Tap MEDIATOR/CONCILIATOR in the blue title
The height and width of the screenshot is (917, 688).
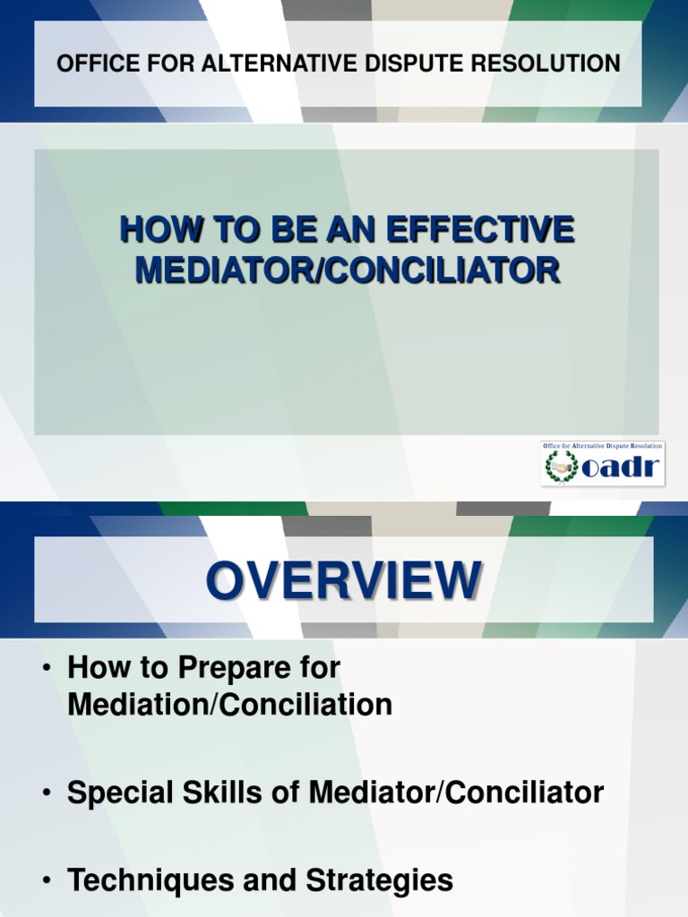click(x=348, y=269)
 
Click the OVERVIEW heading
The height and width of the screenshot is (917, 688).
click(x=344, y=580)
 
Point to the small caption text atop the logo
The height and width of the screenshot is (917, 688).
click(x=603, y=446)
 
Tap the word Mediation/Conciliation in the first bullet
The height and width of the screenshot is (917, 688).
click(x=229, y=705)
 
